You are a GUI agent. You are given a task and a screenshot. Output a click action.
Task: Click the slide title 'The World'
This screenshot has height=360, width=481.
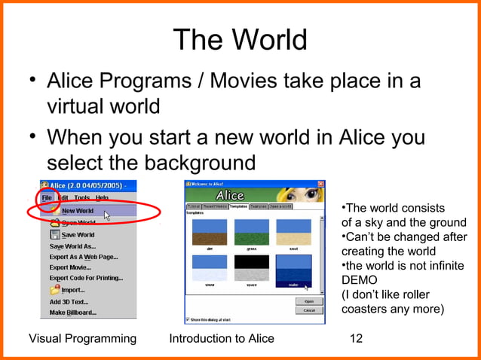(240, 39)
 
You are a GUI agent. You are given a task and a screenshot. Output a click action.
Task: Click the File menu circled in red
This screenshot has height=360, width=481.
(47, 198)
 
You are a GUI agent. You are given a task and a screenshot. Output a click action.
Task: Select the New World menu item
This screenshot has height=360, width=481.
(78, 211)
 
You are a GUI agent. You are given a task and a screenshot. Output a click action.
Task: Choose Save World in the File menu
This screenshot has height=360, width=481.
(78, 234)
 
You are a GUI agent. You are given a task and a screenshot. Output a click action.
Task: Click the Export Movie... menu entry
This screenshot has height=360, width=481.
(70, 267)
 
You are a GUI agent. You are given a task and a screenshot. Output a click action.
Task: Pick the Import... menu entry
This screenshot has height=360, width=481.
(72, 289)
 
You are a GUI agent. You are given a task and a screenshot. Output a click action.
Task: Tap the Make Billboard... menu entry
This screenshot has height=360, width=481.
(72, 312)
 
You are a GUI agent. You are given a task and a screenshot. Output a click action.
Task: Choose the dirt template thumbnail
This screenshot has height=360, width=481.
(210, 233)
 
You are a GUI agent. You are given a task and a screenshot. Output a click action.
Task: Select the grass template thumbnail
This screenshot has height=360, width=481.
(252, 233)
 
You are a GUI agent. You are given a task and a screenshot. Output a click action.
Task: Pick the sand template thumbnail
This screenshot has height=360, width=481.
(293, 233)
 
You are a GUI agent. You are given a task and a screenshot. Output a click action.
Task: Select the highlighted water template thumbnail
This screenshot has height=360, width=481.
(293, 269)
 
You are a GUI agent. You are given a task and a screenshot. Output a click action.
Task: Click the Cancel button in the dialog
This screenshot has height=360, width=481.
(309, 310)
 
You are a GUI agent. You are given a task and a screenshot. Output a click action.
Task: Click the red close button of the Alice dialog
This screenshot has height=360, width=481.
(321, 184)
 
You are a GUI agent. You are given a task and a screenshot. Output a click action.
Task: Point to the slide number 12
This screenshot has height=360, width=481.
(355, 339)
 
